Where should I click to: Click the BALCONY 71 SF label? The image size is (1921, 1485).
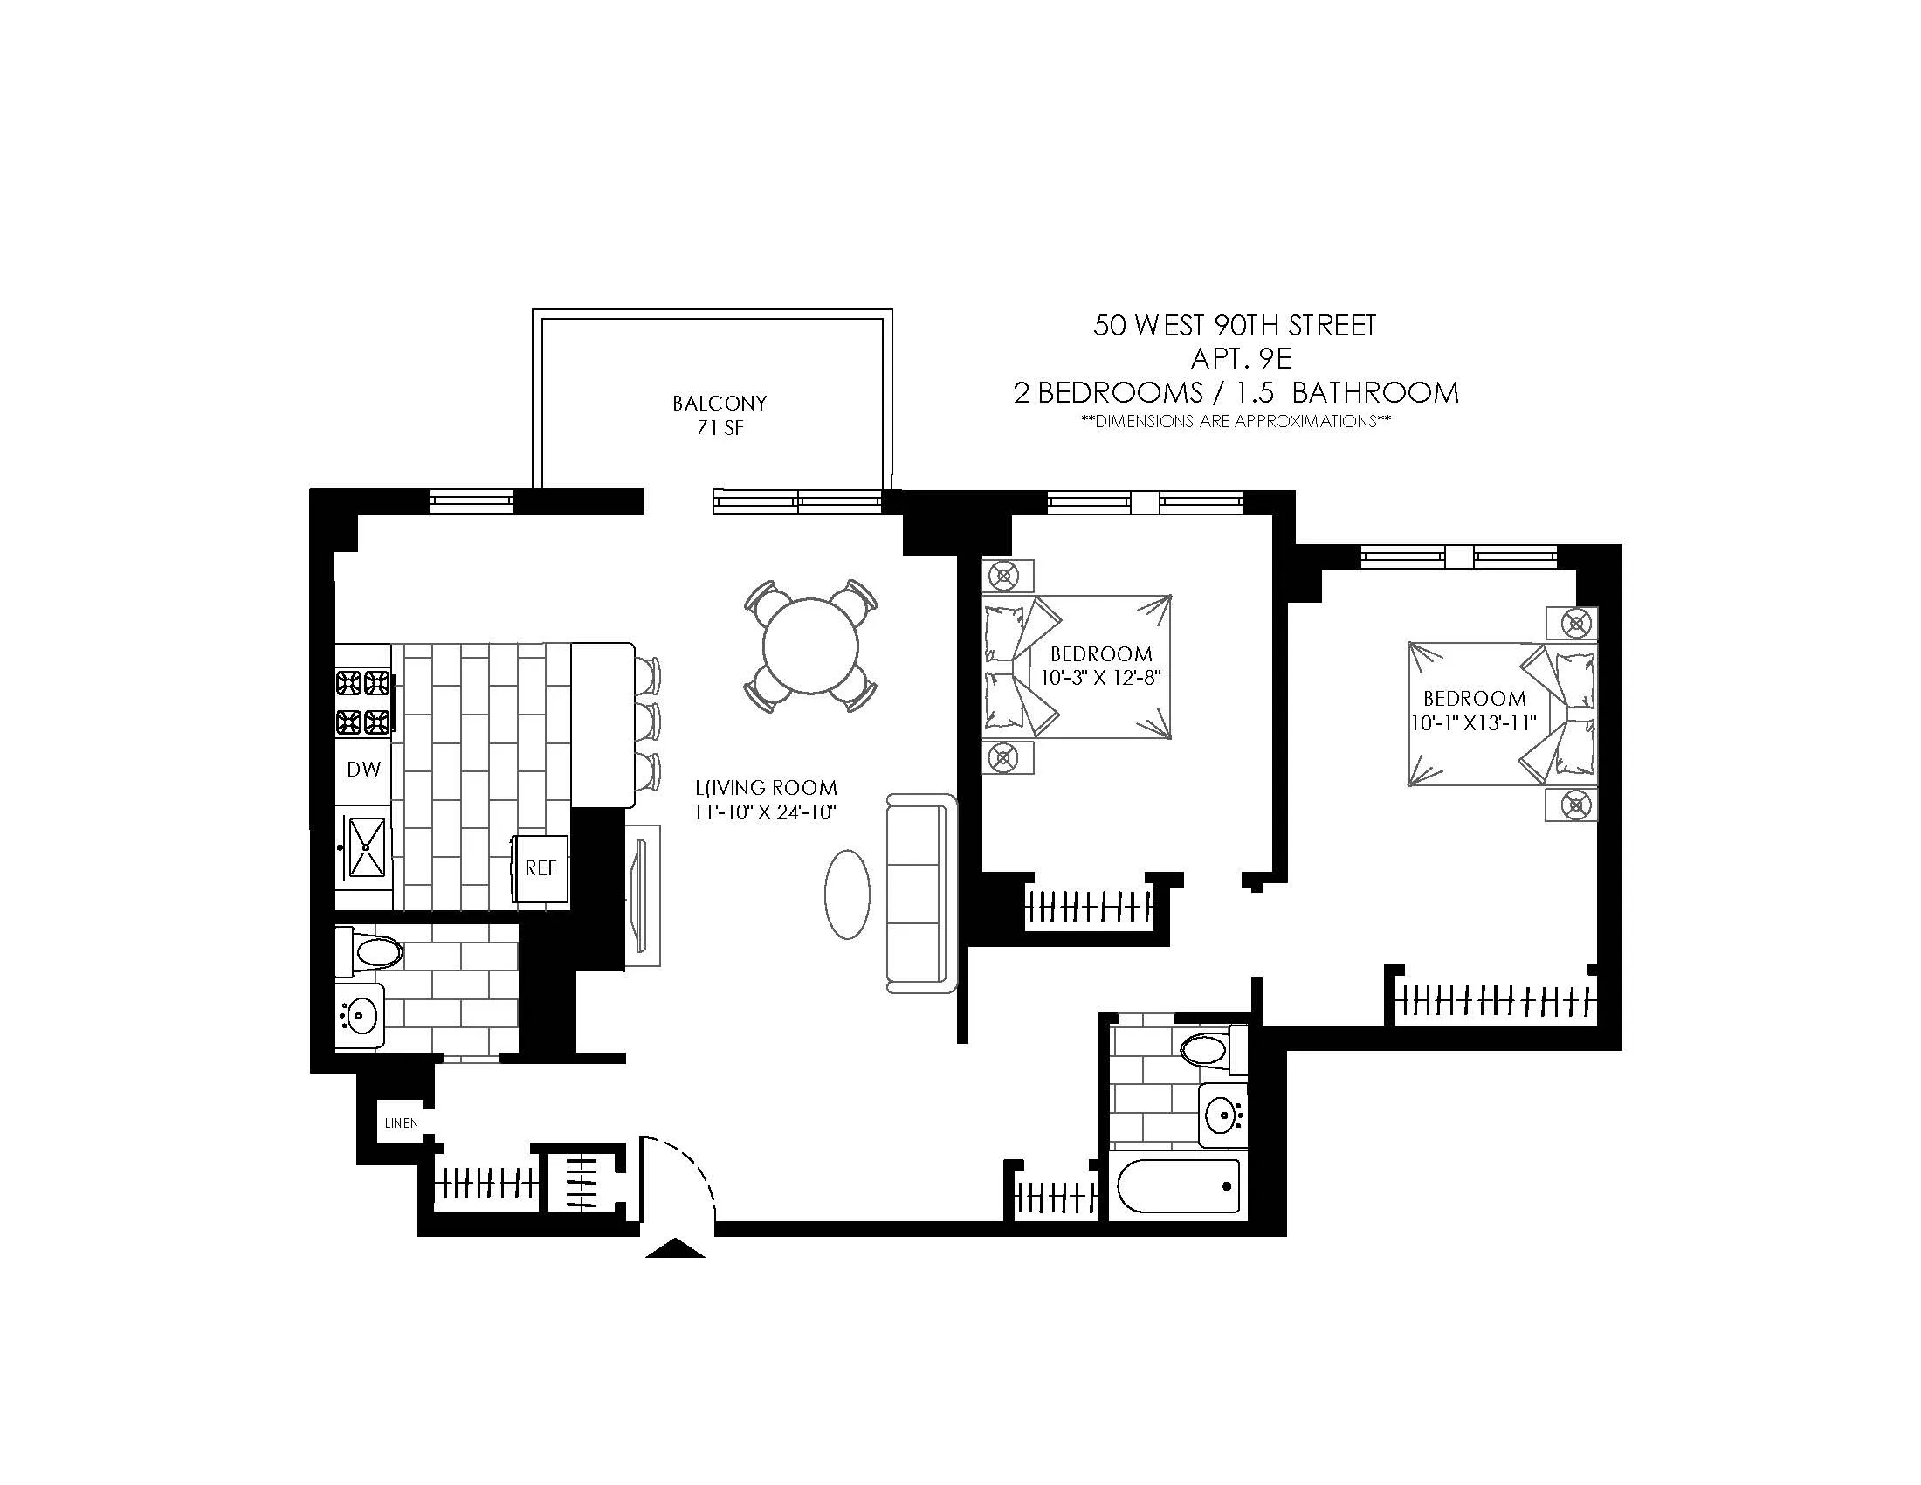(x=720, y=415)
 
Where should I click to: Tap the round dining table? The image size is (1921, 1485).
(x=810, y=646)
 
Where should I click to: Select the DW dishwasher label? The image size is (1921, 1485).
(x=363, y=770)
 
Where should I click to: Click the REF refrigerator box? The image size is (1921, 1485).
(x=541, y=868)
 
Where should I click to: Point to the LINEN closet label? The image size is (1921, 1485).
(x=401, y=1123)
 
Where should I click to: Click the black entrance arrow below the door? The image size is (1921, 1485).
(x=675, y=1249)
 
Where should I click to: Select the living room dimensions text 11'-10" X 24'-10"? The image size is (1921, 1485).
(x=764, y=812)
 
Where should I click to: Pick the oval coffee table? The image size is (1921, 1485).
(x=847, y=894)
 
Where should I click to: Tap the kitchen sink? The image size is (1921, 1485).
(x=367, y=847)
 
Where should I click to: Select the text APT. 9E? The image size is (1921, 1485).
(x=1240, y=358)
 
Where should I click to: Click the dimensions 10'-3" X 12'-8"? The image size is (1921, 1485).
(x=1101, y=678)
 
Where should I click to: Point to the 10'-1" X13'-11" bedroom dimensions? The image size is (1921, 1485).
(x=1473, y=723)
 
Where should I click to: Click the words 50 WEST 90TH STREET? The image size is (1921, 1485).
(x=1234, y=326)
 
